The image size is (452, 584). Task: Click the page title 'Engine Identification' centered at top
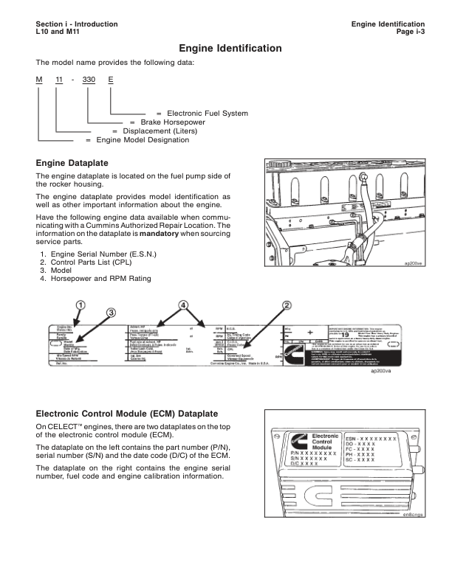(230, 49)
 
